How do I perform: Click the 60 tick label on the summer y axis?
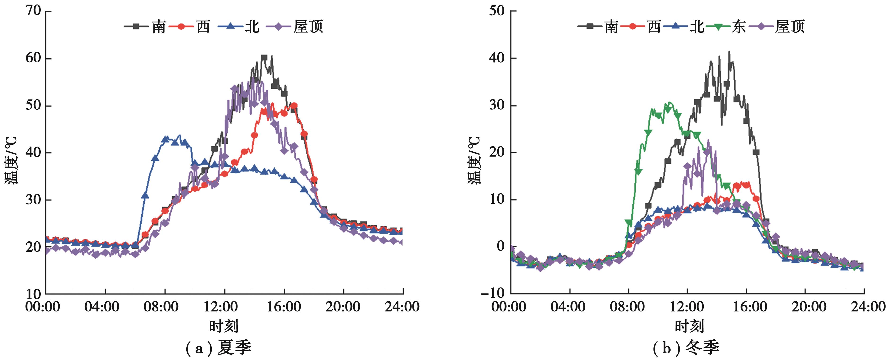point(33,58)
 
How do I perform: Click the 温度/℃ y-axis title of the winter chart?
point(474,160)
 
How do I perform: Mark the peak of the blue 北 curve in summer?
point(179,135)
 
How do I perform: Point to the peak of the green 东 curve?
point(669,103)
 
